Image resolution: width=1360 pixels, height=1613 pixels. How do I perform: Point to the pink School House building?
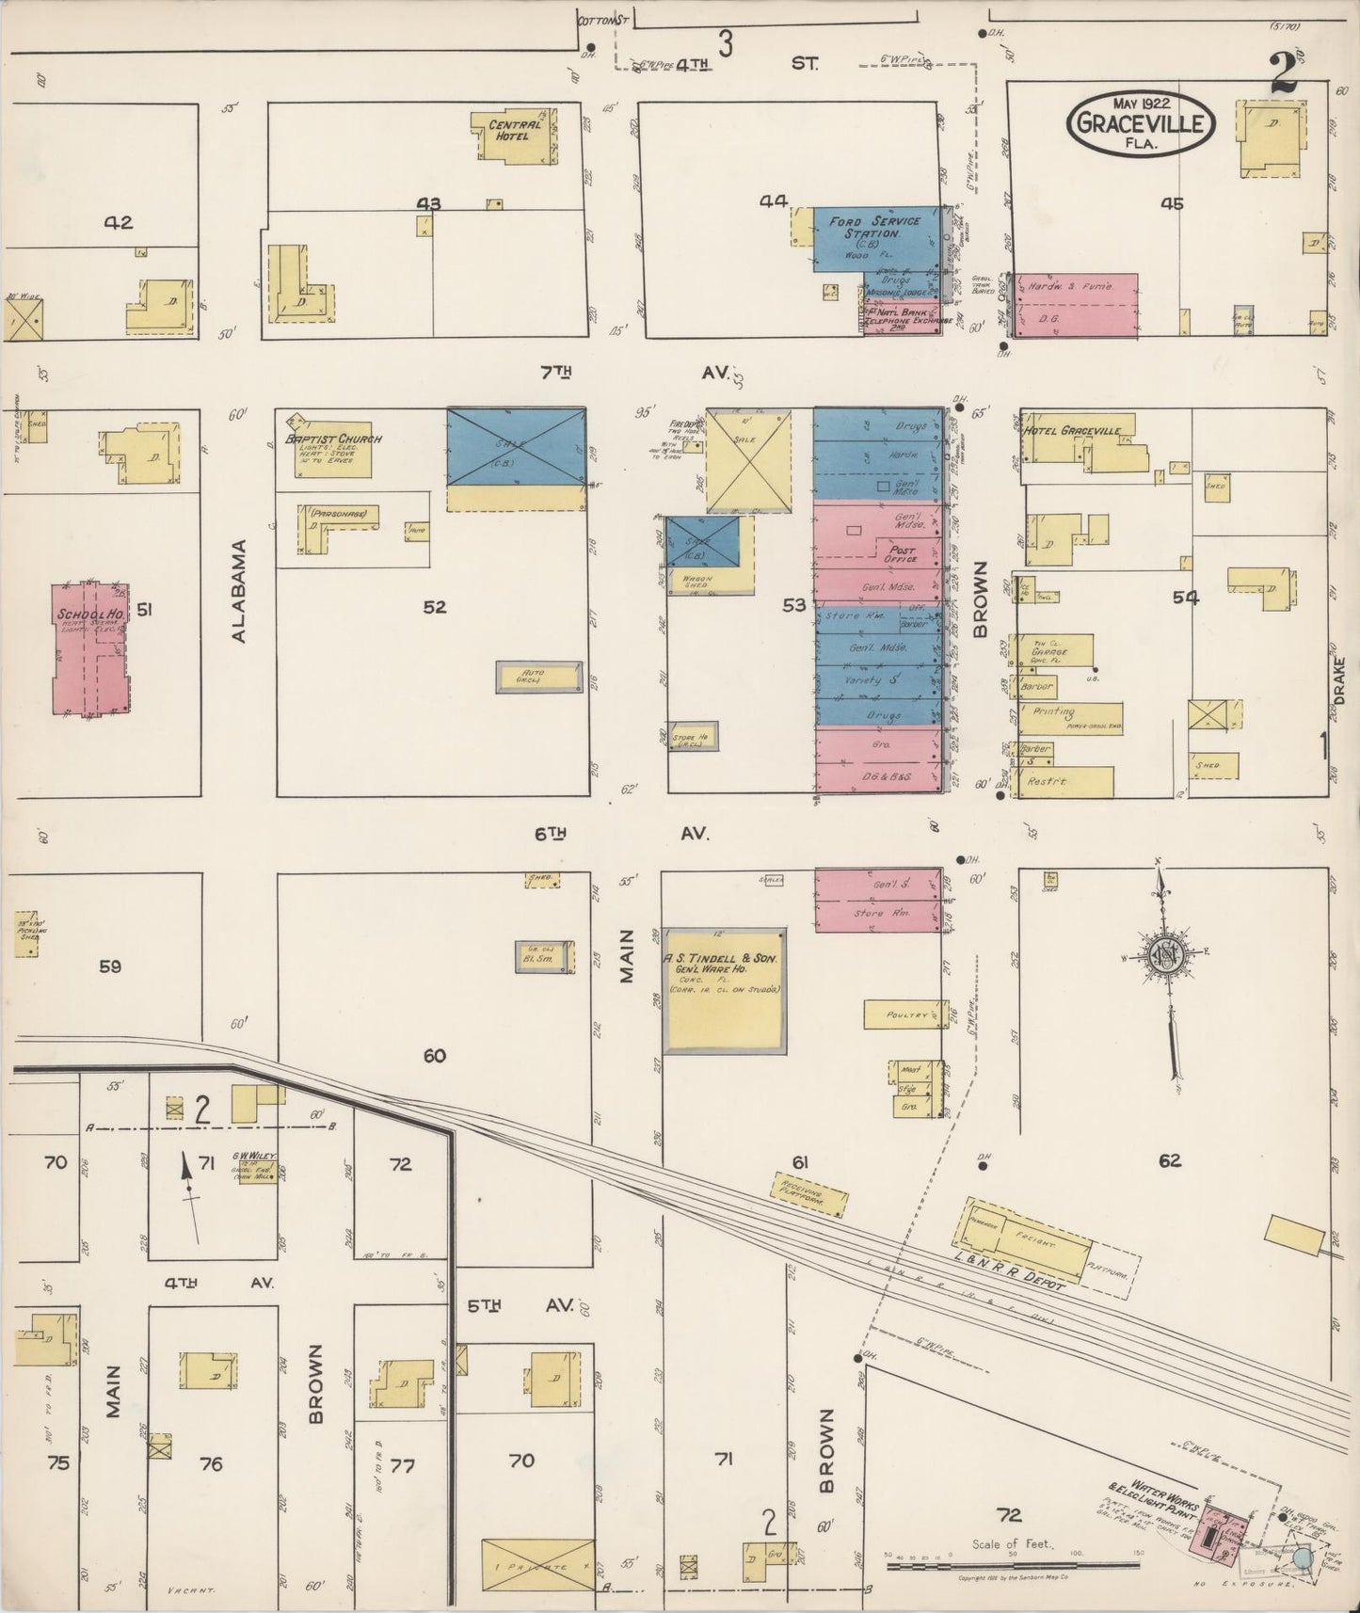click(91, 650)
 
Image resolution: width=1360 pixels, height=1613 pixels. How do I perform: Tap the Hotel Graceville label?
click(1073, 431)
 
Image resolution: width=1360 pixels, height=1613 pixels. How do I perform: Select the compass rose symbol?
click(1169, 955)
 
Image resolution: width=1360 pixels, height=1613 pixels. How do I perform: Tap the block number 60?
click(434, 1056)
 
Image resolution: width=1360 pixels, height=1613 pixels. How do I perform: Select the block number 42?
click(119, 223)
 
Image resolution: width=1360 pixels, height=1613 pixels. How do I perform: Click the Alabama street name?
click(238, 590)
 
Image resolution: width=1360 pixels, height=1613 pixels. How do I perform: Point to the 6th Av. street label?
click(621, 833)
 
